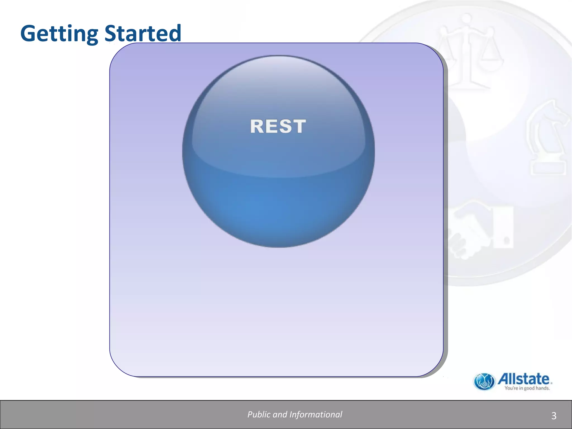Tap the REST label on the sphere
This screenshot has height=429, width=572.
click(278, 126)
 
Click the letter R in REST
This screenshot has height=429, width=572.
click(257, 126)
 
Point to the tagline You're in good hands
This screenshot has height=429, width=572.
click(527, 388)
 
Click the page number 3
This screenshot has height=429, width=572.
click(554, 416)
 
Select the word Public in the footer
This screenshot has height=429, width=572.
click(259, 414)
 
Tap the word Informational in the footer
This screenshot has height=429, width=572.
click(316, 414)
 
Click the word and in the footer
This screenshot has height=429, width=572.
click(280, 414)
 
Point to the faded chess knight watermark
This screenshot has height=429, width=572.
click(547, 137)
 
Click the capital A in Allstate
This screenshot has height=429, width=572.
click(504, 379)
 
